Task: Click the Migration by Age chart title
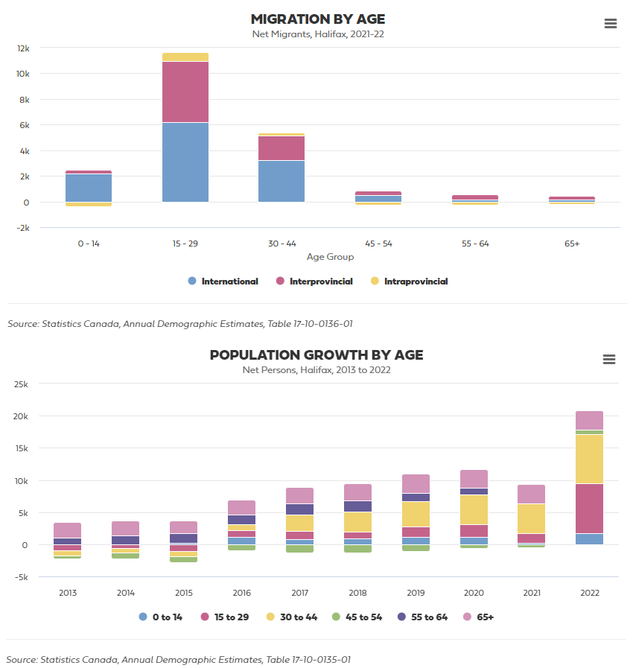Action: point(318,19)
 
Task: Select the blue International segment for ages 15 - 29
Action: point(185,162)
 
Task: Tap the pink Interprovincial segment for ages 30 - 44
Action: point(281,148)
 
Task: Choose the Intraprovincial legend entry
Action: point(416,281)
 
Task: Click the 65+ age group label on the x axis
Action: point(571,244)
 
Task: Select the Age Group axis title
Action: point(330,257)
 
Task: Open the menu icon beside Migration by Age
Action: point(611,23)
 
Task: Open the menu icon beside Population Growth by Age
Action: point(609,360)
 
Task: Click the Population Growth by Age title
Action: point(316,355)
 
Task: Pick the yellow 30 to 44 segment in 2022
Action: point(589,459)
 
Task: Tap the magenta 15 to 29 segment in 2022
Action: point(589,509)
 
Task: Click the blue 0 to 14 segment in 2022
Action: point(589,539)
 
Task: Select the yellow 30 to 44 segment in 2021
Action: point(531,518)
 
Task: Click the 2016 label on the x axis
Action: point(242,594)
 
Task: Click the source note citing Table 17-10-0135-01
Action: point(179,660)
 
